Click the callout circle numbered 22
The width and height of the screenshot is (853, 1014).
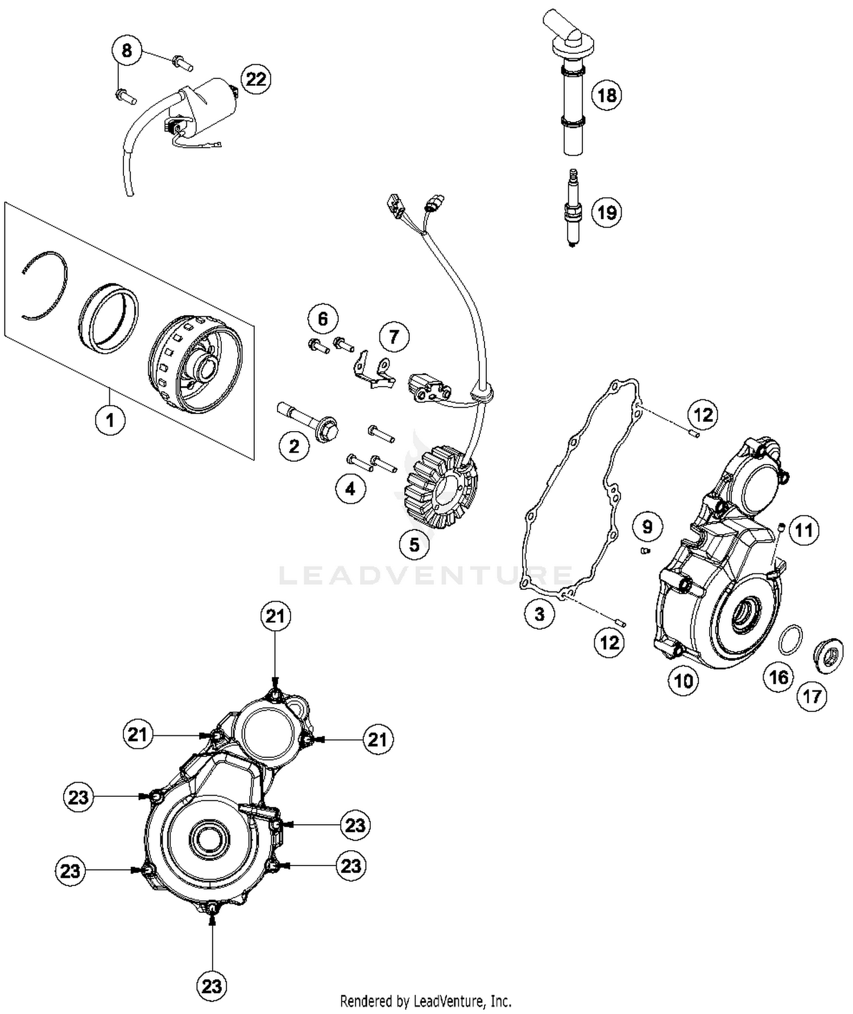pyautogui.click(x=255, y=79)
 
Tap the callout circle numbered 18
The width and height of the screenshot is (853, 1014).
pyautogui.click(x=607, y=95)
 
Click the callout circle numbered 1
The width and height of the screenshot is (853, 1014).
pyautogui.click(x=110, y=420)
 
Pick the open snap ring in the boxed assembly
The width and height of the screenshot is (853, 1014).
pyautogui.click(x=45, y=284)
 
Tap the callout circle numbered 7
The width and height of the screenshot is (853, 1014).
pyautogui.click(x=394, y=337)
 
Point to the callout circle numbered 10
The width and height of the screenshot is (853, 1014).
pyautogui.click(x=683, y=680)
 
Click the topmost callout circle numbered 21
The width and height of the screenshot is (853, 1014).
pyautogui.click(x=275, y=616)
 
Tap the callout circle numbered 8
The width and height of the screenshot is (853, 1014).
pyautogui.click(x=126, y=51)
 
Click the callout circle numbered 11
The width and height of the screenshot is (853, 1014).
pyautogui.click(x=803, y=531)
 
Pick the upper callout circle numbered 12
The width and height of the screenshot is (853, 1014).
pyautogui.click(x=703, y=415)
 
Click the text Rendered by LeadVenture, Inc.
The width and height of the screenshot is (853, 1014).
pyautogui.click(x=425, y=1000)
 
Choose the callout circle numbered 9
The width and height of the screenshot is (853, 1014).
pyautogui.click(x=647, y=527)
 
